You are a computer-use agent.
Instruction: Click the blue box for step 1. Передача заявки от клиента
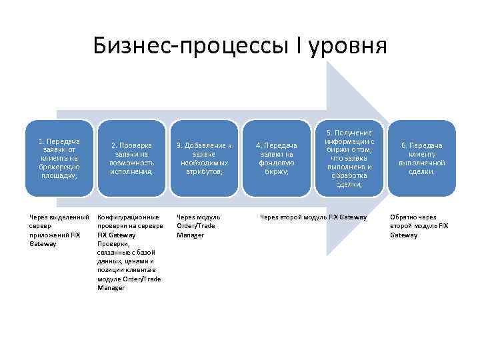[59, 159]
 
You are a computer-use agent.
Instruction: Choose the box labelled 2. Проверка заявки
[131, 159]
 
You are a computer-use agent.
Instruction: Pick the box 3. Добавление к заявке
[204, 159]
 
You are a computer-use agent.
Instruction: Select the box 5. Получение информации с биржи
[349, 159]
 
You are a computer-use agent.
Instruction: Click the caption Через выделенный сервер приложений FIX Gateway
[59, 230]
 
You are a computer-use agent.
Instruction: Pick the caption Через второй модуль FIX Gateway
[313, 217]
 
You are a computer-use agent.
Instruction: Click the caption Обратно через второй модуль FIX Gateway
[419, 226]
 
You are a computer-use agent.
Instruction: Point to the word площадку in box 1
[59, 176]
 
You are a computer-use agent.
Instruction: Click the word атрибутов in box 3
[204, 171]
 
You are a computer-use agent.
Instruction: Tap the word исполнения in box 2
[132, 171]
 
